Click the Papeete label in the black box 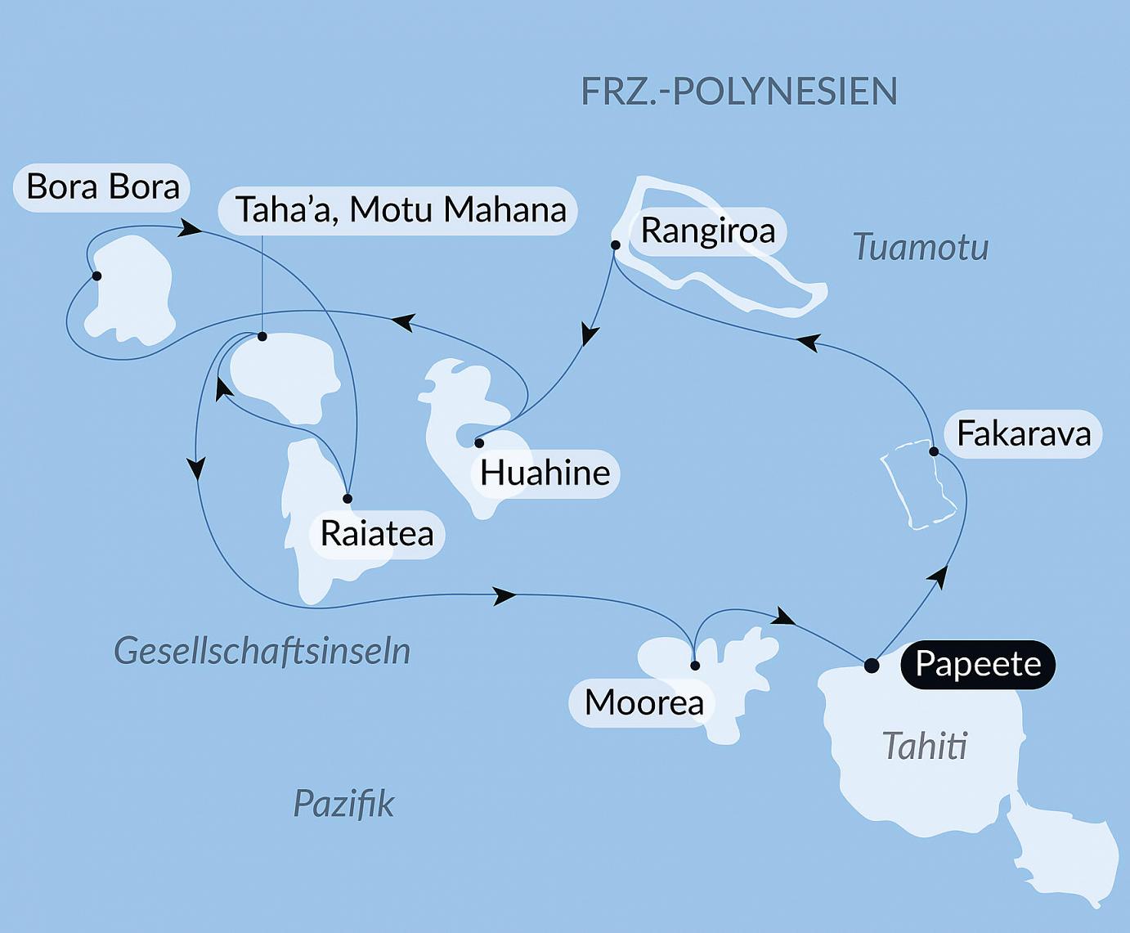[x=977, y=663]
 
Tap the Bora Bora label [x=103, y=186]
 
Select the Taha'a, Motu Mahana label [x=400, y=210]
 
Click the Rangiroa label [x=707, y=231]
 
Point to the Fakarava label [x=1023, y=433]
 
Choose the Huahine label [x=545, y=473]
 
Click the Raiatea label [x=376, y=533]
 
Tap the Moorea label [x=643, y=702]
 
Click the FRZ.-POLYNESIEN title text [x=738, y=91]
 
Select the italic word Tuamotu [x=920, y=247]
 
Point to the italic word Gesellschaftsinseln [x=262, y=651]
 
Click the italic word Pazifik [x=343, y=804]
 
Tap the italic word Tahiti [x=925, y=746]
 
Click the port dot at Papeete [x=872, y=665]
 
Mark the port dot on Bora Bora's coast [x=96, y=276]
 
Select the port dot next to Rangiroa [x=616, y=244]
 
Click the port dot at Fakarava [x=933, y=451]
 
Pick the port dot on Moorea [x=695, y=666]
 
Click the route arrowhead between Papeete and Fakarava [x=940, y=576]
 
